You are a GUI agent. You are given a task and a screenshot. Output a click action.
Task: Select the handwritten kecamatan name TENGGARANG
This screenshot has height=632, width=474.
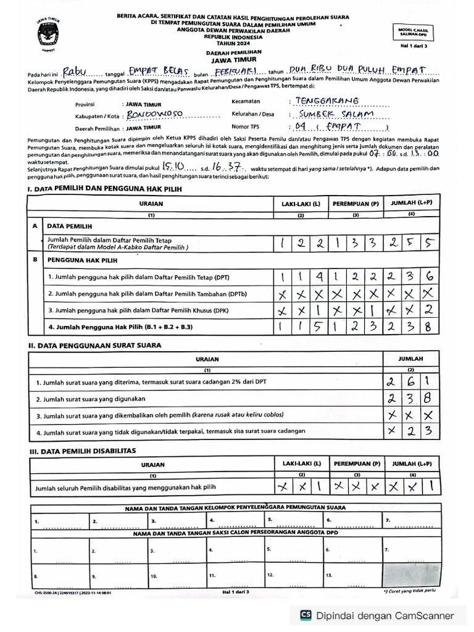pos(327,101)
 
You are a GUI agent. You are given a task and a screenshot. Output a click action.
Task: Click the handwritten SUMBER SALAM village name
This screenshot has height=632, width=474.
pos(337,115)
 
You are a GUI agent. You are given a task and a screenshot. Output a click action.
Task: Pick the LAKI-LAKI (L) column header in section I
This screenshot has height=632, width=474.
pos(301,203)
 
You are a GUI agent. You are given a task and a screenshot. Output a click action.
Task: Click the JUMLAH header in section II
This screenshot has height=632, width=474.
pos(410,358)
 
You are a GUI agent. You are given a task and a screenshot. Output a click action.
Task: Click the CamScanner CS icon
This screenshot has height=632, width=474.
pos(305,615)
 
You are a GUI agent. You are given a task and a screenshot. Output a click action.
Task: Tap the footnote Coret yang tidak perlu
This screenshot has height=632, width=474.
pos(411,591)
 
